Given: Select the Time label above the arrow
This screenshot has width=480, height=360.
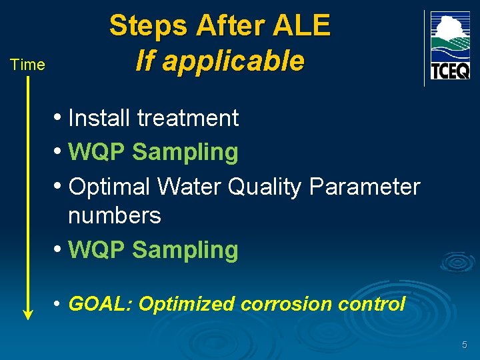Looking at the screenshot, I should click(27, 65).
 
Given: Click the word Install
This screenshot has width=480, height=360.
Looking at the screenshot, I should click(100, 118).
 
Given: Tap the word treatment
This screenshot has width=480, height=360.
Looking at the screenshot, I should click(188, 118).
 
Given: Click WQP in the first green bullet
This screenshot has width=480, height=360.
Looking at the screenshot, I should click(97, 152).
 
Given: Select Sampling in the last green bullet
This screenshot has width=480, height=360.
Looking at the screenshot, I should click(185, 250).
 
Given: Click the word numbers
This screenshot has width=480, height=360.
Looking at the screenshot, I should click(115, 215).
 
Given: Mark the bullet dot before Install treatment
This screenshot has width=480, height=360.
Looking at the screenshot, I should click(59, 118).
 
